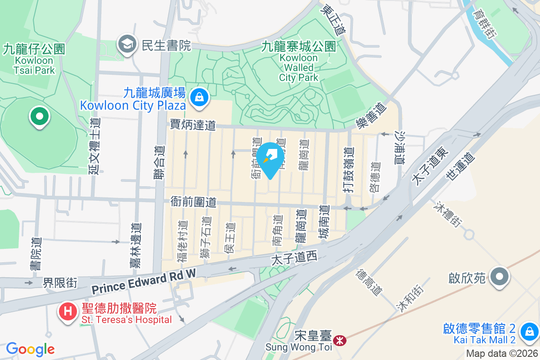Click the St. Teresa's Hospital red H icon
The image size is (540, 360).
coord(68,310)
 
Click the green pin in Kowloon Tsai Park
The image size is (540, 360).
coord(40,116)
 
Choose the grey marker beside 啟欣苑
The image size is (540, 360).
coord(499,276)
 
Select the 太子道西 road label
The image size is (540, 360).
coord(294,258)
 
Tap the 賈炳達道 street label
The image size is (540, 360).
coord(193,125)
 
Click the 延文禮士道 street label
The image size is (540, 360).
coord(94,146)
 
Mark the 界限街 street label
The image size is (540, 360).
coord(60,283)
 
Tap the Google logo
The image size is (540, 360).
coord(30,349)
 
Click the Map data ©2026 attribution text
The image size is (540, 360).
coord(502,354)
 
